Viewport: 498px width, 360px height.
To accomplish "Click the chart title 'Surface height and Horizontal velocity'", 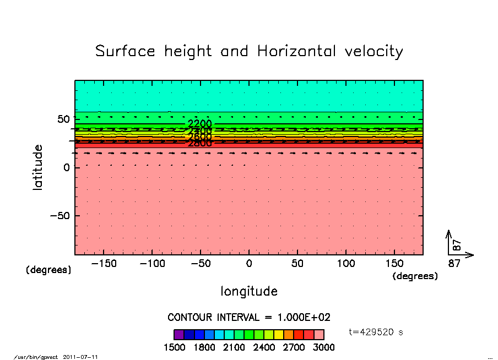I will pos(249,51).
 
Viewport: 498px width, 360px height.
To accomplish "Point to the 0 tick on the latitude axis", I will pos(66,167).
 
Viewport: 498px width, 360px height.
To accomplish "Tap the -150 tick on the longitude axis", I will pos(104,263).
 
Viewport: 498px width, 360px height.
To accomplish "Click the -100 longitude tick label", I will pos(152,263).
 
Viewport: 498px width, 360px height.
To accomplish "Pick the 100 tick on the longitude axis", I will pos(345,263).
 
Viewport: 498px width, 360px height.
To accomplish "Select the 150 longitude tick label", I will pos(394,263).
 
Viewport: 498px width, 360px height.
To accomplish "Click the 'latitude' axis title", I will pos(37,167).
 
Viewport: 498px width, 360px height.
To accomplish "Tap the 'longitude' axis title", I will pos(249,291).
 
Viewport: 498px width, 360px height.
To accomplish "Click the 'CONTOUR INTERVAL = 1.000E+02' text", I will pos(249,317).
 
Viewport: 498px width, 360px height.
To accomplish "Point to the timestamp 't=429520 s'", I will pos(376,332).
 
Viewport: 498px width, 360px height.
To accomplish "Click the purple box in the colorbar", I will pos(178,334).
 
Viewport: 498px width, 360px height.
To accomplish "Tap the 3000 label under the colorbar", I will pos(323,347).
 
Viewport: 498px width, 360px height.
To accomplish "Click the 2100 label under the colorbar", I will pos(234,347).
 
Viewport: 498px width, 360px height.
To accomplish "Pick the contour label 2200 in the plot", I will pos(199,123).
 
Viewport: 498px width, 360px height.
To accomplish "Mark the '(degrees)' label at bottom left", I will pos(48,270).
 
